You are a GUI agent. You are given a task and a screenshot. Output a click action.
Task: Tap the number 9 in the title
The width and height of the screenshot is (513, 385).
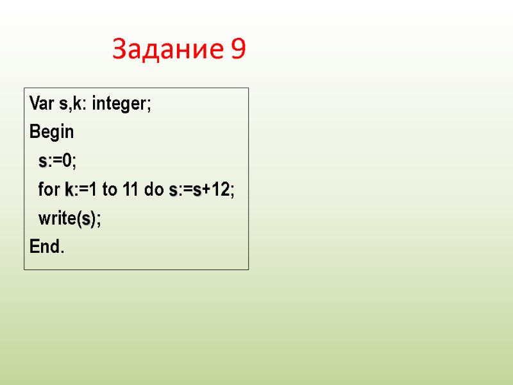pos(237,49)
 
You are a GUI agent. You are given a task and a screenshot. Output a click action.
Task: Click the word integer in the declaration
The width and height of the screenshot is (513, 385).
pos(119,104)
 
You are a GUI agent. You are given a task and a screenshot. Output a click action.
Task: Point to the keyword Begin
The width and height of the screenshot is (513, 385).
pos(52,133)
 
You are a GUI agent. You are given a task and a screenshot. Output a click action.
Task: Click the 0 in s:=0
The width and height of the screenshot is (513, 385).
pos(66,162)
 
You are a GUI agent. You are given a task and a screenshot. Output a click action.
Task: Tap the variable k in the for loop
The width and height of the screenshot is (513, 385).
pos(69,191)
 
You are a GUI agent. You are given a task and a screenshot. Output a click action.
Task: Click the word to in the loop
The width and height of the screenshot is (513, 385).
pos(109,191)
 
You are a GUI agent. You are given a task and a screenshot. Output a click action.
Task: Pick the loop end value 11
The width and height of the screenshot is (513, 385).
pos(131,191)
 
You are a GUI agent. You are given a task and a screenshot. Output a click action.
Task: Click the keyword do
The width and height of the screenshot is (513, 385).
pos(155,191)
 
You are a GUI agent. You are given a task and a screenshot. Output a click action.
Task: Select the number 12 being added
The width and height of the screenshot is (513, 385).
pos(221,191)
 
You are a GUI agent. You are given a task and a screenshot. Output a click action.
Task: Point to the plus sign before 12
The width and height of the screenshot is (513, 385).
pos(207,191)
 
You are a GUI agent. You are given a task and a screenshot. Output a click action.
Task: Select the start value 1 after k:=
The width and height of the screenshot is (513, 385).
pos(92,191)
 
